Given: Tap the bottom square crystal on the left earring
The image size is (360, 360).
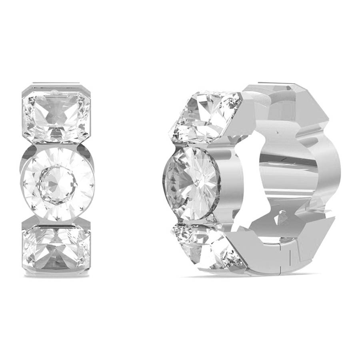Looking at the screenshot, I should [x=56, y=248].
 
